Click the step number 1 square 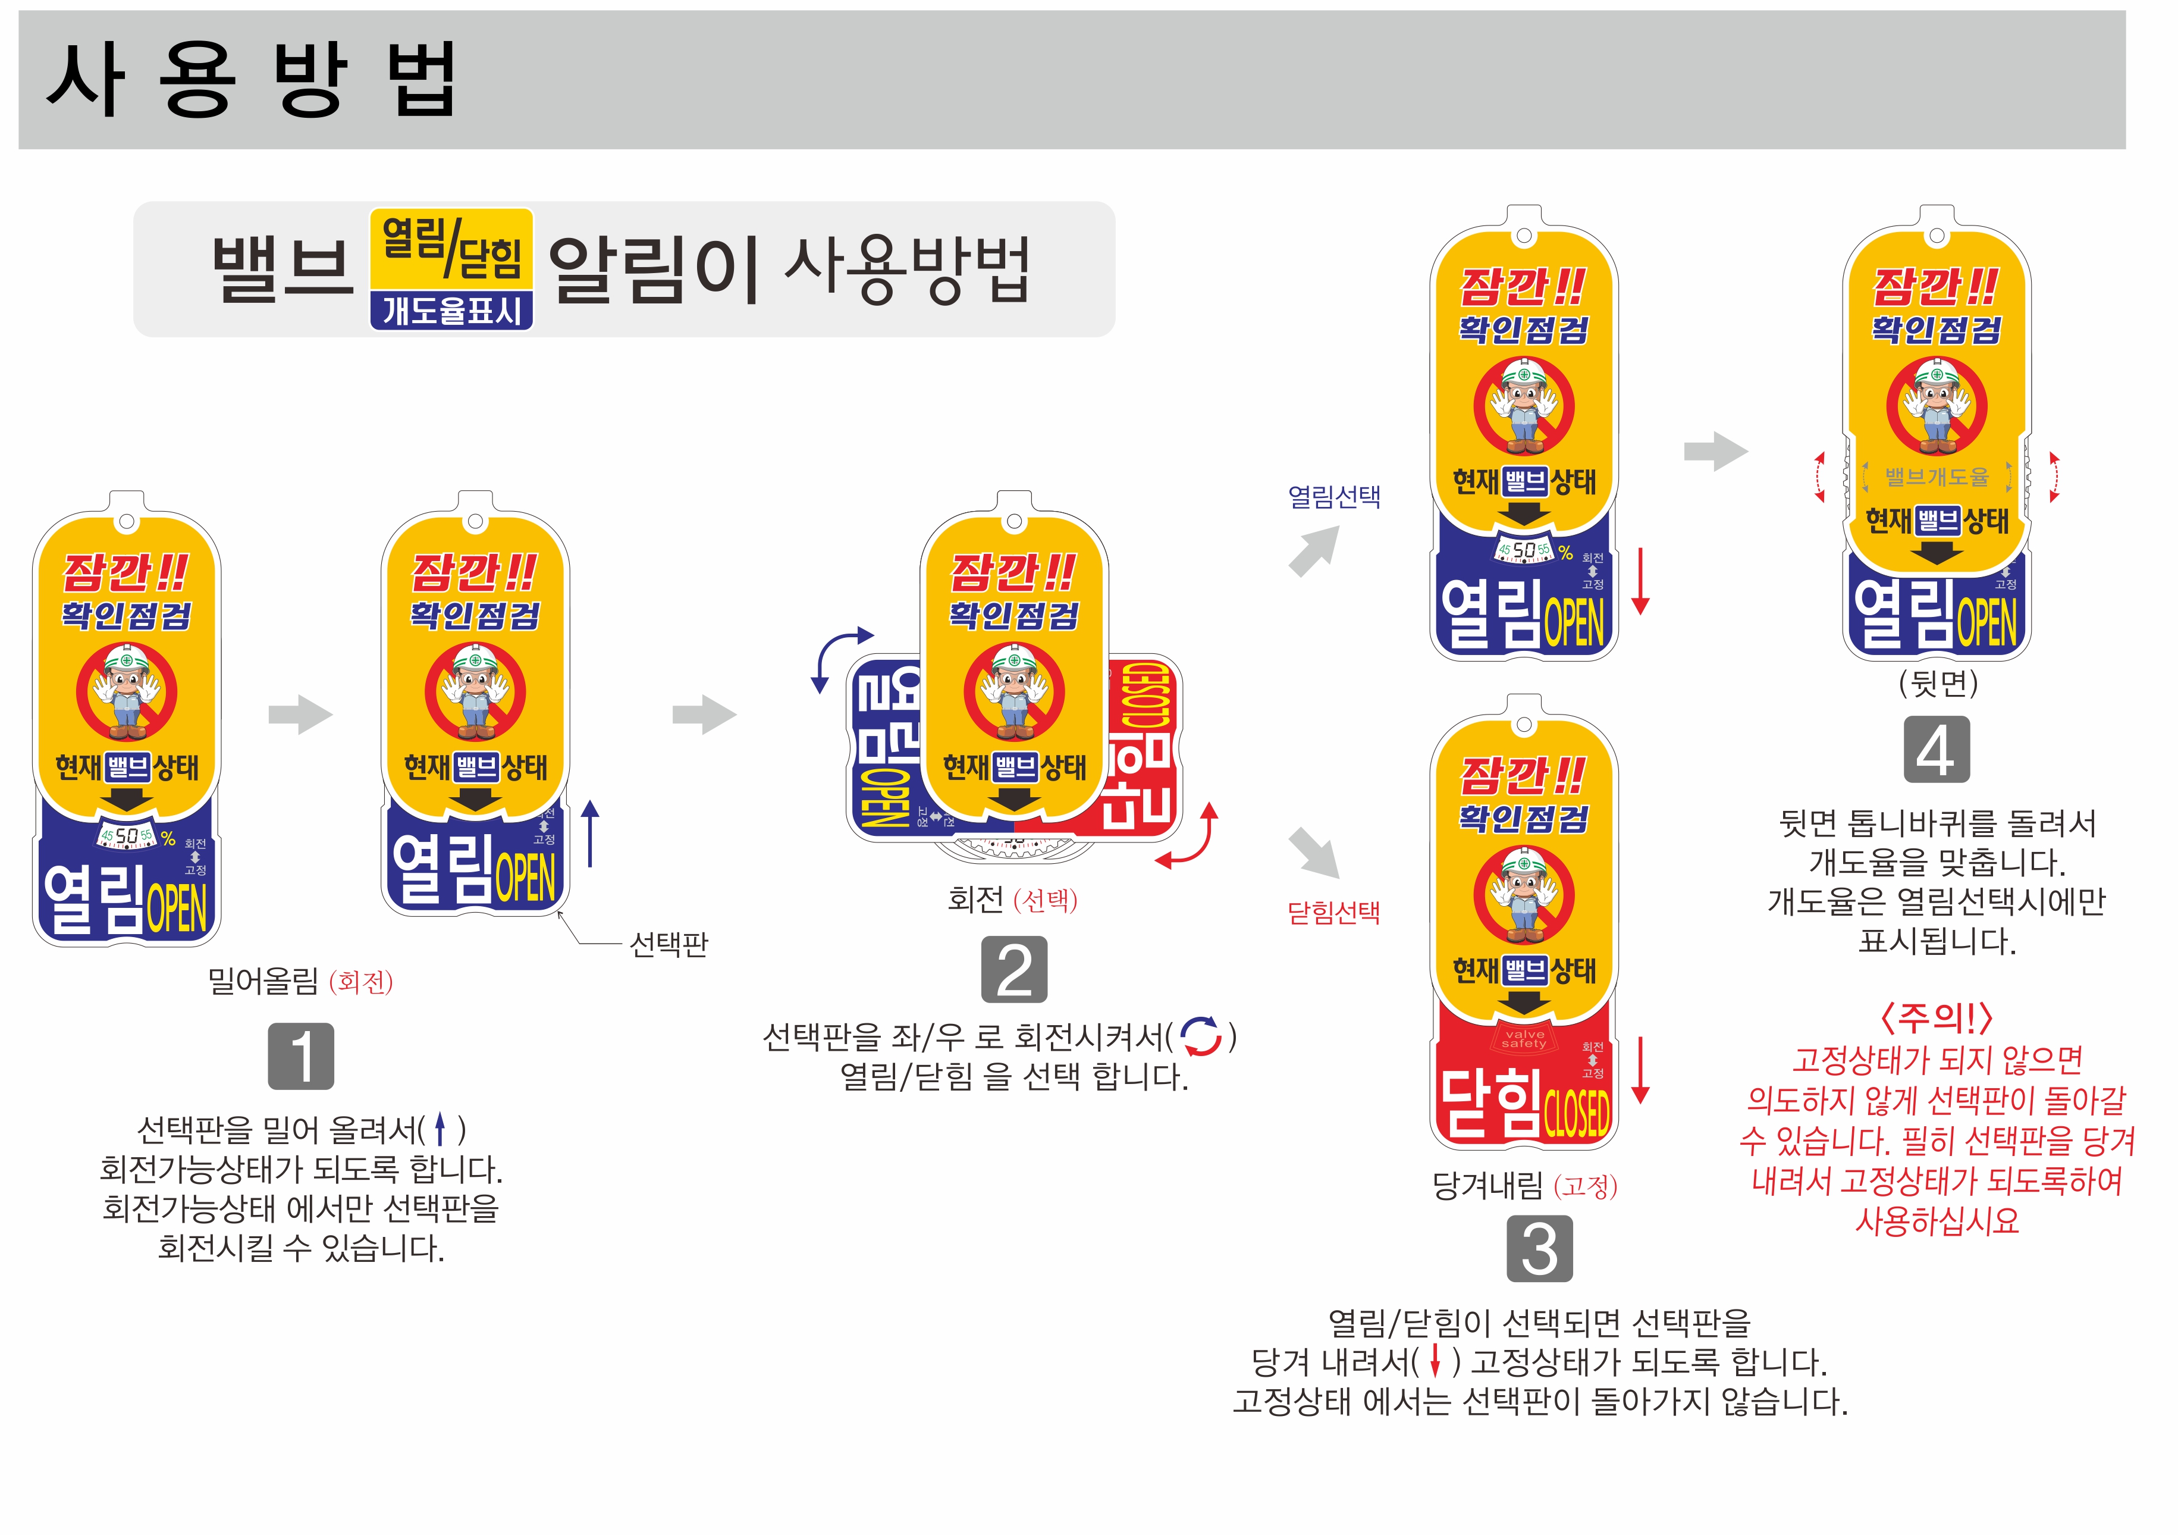click(x=301, y=1056)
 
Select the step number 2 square click(x=1014, y=969)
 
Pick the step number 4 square click(x=1936, y=750)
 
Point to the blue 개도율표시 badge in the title click(x=451, y=310)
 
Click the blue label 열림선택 click(x=1333, y=496)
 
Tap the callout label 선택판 click(x=669, y=944)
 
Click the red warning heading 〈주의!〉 click(x=1936, y=1018)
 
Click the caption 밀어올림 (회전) click(x=300, y=981)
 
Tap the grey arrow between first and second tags click(x=300, y=715)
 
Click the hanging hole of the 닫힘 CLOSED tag click(x=1523, y=725)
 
